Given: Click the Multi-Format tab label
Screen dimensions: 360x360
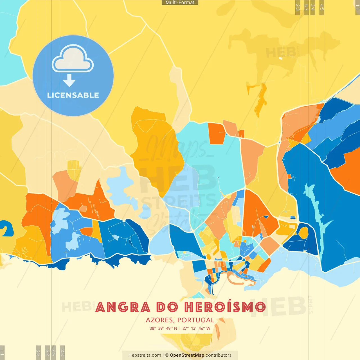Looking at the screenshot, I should pyautogui.click(x=180, y=3).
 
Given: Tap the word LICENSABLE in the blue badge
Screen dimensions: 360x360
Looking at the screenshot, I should pyautogui.click(x=73, y=95).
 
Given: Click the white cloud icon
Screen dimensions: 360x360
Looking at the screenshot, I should pyautogui.click(x=73, y=59).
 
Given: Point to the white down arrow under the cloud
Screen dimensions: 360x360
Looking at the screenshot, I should pyautogui.click(x=69, y=81).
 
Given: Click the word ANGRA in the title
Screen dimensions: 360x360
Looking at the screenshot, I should pyautogui.click(x=123, y=307).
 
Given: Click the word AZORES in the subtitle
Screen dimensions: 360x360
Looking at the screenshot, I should pyautogui.click(x=159, y=320).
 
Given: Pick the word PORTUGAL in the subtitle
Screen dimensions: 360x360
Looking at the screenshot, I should pyautogui.click(x=196, y=320).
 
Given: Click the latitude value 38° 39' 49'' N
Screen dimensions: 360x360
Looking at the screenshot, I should pyautogui.click(x=163, y=328).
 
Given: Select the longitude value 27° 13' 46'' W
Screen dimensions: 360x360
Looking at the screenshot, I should pyautogui.click(x=196, y=328).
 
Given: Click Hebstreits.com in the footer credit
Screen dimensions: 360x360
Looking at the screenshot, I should pyautogui.click(x=145, y=355).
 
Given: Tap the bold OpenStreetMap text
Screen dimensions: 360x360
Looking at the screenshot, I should pyautogui.click(x=187, y=355).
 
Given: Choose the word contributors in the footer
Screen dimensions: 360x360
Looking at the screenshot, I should pyautogui.click(x=219, y=355).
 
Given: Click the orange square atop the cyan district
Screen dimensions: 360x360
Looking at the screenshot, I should pyautogui.click(x=217, y=133).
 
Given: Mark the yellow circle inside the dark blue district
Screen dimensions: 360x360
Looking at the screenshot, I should pyautogui.click(x=303, y=233).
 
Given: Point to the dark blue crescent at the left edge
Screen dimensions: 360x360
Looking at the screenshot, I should pyautogui.click(x=7, y=228).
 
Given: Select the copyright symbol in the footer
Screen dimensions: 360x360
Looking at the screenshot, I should pyautogui.click(x=167, y=355).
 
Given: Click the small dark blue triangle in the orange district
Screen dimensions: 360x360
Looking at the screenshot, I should pyautogui.click(x=266, y=217).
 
